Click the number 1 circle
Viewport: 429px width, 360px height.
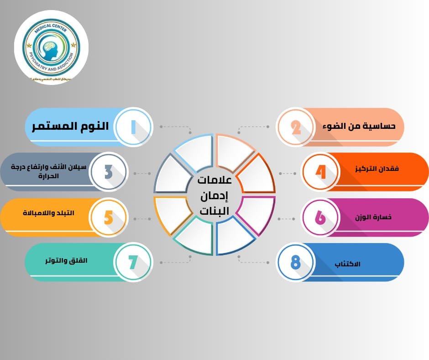coord(133,127)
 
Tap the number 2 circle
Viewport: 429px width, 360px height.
coord(296,127)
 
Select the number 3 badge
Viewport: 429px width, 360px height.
coord(108,172)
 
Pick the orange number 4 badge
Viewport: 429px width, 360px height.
coord(321,172)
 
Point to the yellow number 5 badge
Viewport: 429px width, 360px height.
coord(108,217)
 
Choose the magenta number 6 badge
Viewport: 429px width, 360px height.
coord(321,217)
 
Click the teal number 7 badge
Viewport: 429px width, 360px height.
coord(133,262)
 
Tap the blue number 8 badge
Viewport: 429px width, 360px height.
coord(296,262)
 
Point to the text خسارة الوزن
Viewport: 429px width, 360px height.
coord(373,217)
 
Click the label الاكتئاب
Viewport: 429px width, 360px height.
coord(347,264)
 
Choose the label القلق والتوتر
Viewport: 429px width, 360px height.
coord(67,261)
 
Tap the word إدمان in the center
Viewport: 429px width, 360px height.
coord(214,196)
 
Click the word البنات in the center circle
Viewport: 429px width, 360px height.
coord(214,211)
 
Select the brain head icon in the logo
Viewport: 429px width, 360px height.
coord(51,48)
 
